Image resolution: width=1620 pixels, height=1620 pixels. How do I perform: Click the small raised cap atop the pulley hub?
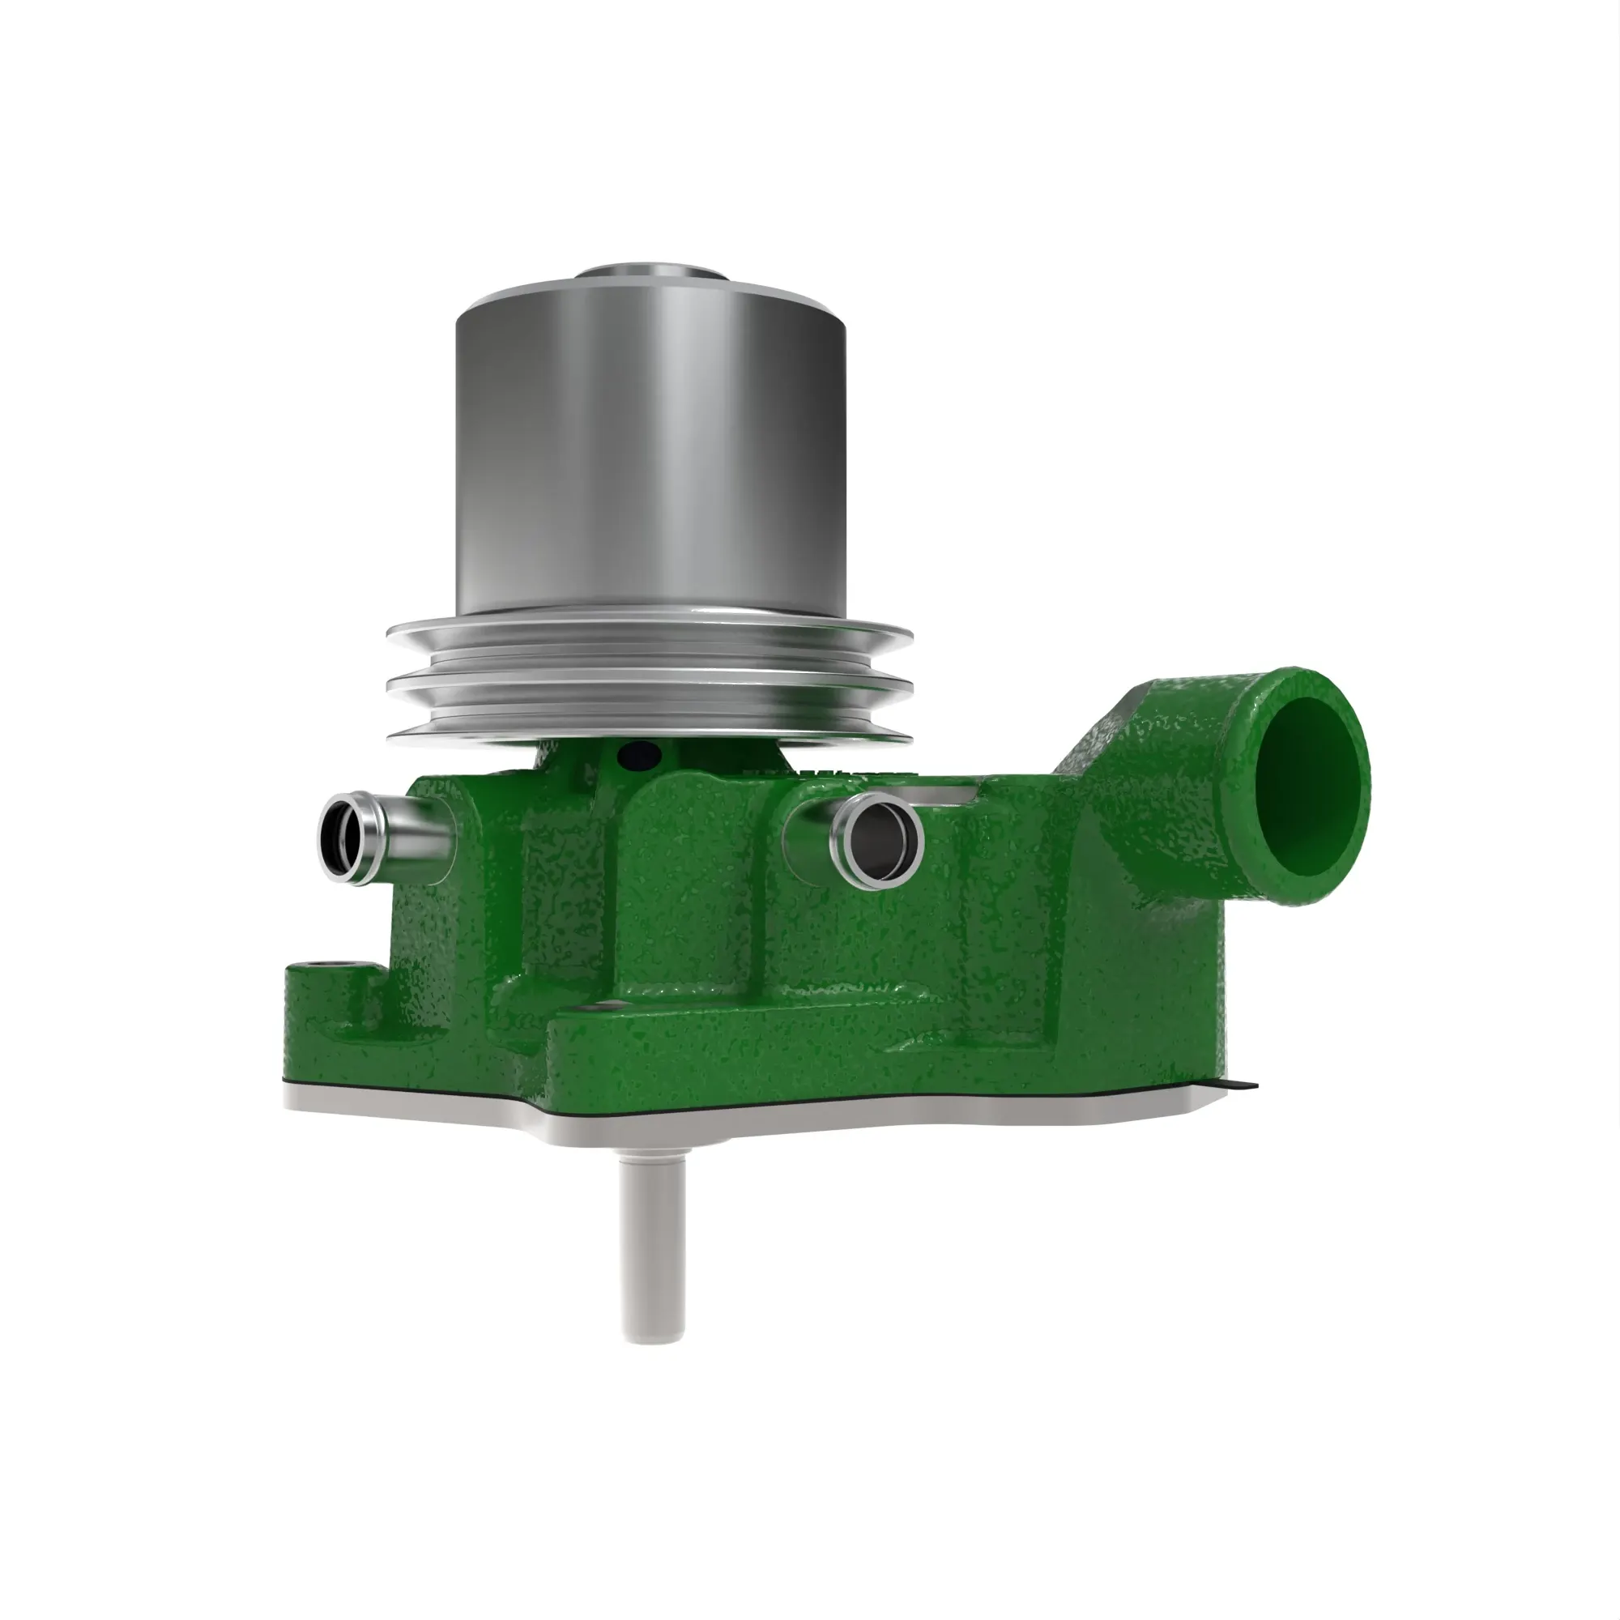(x=650, y=277)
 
